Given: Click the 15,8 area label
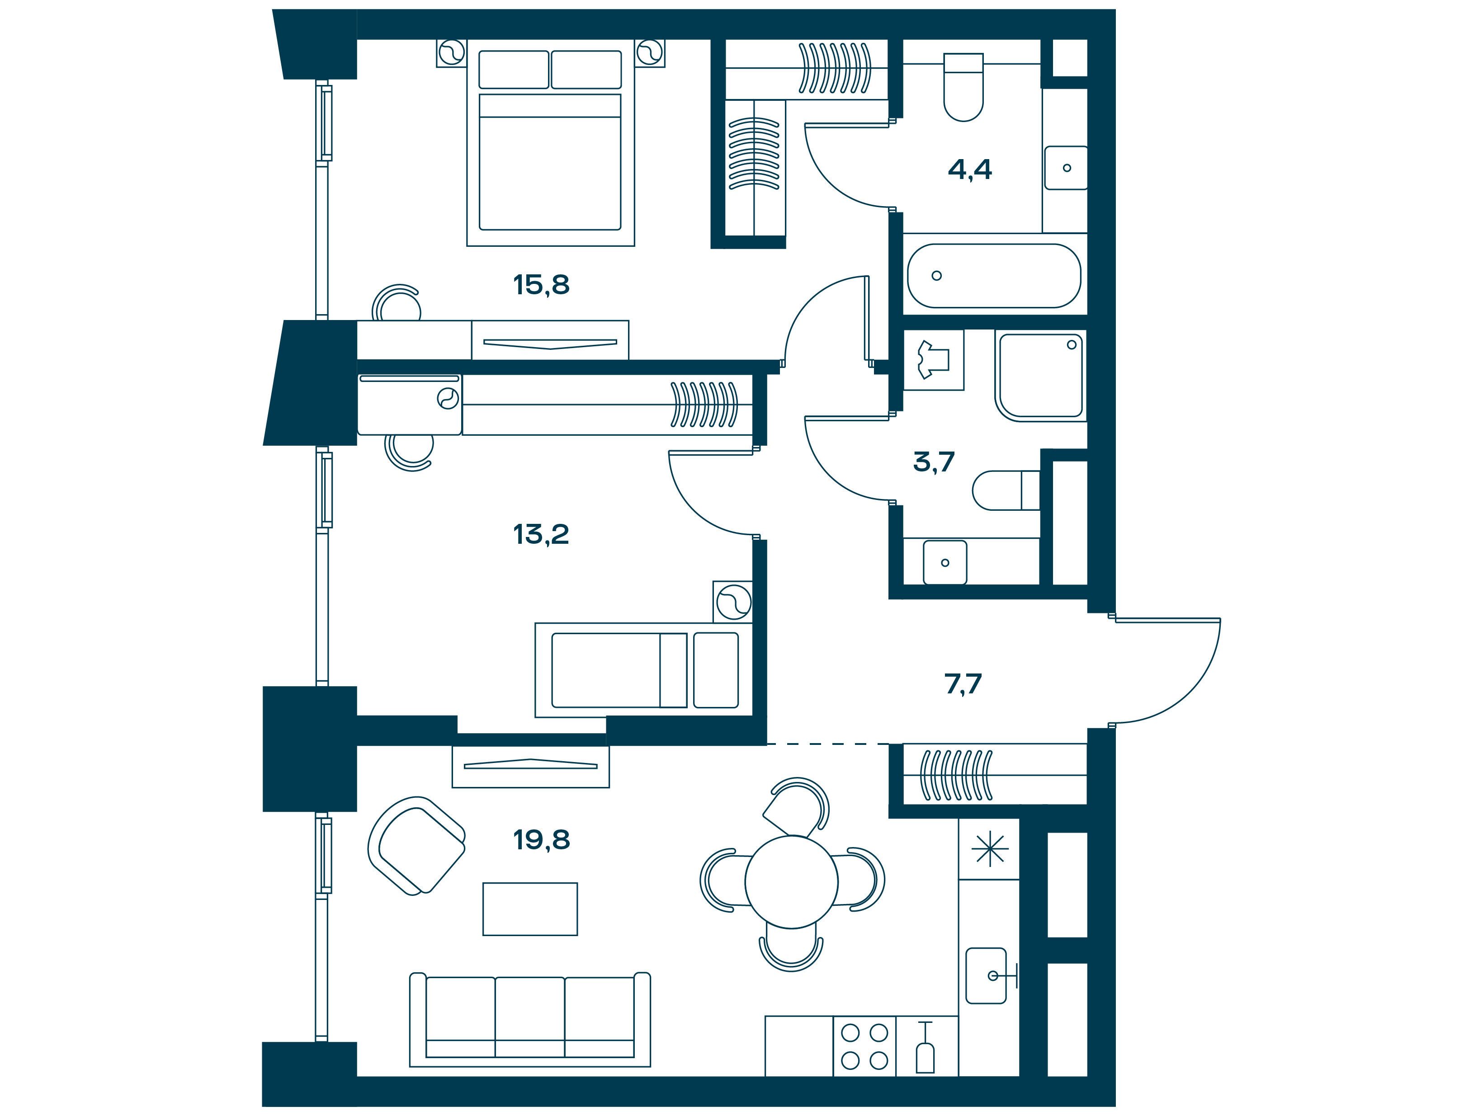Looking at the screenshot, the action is click(x=541, y=285).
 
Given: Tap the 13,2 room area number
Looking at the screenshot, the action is click(x=541, y=534).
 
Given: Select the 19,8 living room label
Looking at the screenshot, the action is click(x=542, y=839).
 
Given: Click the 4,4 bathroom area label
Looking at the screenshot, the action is click(x=969, y=170).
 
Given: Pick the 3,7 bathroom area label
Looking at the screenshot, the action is click(x=934, y=462).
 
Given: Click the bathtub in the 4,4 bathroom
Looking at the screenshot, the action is click(x=994, y=275).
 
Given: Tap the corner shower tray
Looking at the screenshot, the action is click(x=1040, y=376).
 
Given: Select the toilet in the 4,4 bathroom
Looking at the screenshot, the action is click(x=963, y=87).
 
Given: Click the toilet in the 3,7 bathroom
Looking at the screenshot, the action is click(x=1006, y=490).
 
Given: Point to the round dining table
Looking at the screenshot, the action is click(x=792, y=881).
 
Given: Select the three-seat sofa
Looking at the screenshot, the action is click(x=529, y=1019).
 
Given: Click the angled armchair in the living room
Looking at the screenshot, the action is click(x=416, y=845).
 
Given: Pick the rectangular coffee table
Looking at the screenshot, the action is click(x=529, y=909).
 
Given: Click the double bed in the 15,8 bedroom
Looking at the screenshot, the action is click(x=550, y=143).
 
